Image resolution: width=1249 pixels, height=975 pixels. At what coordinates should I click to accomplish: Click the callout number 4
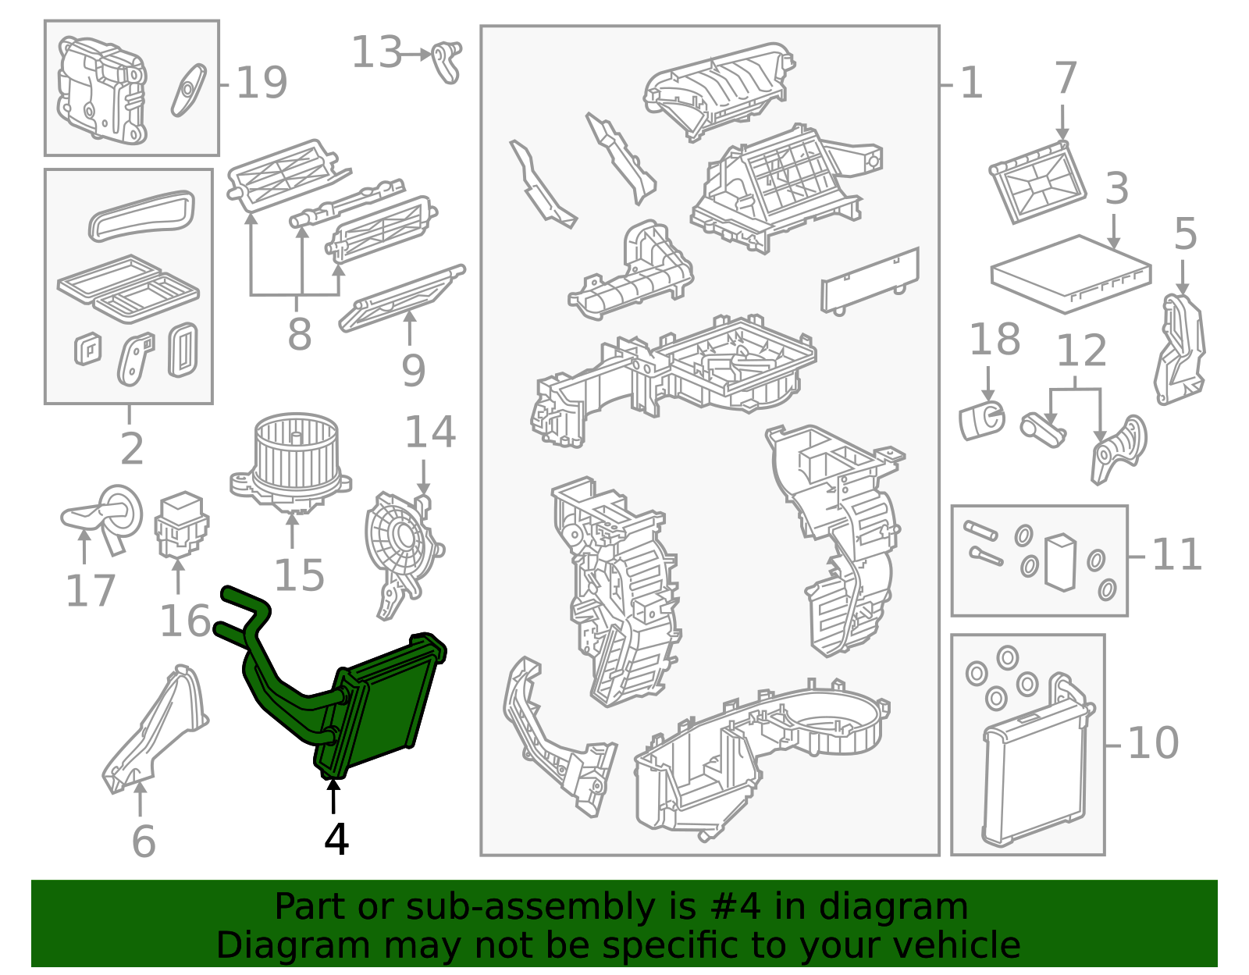click(x=336, y=839)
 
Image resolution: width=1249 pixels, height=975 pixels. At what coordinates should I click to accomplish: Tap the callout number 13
click(x=376, y=52)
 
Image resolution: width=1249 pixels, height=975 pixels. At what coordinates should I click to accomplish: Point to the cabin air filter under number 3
click(x=1071, y=274)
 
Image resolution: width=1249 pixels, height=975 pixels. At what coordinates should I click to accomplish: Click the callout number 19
click(x=262, y=83)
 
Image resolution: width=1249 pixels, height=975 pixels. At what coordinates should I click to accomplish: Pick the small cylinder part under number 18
click(x=982, y=421)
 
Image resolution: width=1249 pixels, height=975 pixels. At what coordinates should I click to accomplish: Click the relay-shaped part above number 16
click(x=181, y=524)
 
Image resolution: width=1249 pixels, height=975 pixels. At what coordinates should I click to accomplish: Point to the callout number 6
click(x=144, y=842)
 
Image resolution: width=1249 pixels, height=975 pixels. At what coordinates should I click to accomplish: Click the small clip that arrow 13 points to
click(x=447, y=62)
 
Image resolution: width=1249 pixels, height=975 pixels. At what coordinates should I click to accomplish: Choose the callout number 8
click(x=300, y=333)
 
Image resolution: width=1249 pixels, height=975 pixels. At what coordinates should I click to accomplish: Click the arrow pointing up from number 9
click(x=409, y=328)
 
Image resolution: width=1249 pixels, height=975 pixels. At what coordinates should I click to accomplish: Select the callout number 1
click(x=971, y=83)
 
